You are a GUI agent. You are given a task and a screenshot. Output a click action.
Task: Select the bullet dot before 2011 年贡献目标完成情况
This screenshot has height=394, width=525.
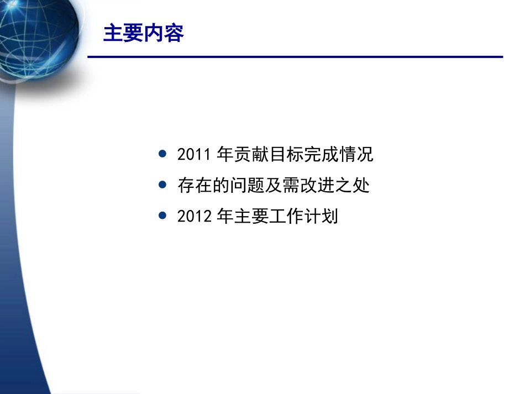(162, 154)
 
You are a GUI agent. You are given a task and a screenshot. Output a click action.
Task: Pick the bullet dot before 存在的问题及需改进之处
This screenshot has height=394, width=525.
(162, 185)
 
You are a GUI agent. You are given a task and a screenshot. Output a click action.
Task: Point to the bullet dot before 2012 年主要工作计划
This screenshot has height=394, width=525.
(162, 216)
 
